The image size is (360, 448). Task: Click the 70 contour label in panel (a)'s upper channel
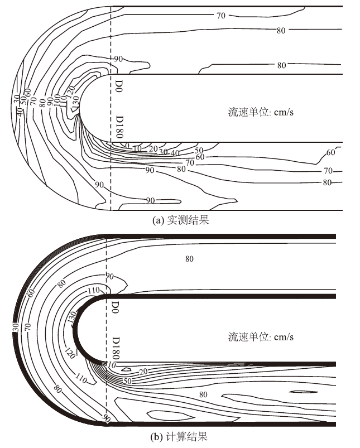tap(221, 16)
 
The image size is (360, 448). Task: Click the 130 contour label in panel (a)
tap(76, 101)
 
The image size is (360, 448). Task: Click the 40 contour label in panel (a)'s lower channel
tap(175, 152)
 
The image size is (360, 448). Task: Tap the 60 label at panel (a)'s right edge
tap(330, 152)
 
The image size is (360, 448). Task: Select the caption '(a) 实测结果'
tap(181, 220)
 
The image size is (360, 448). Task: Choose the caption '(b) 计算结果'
tap(181, 435)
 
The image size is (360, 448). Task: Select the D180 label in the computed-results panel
tap(117, 346)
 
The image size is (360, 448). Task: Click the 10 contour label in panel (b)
tap(112, 365)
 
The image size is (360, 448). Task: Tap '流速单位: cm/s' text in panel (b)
tap(261, 336)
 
